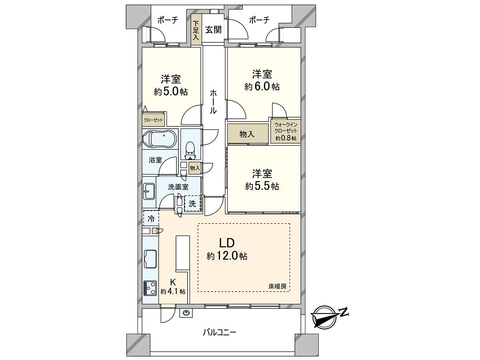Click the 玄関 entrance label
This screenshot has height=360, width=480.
click(x=213, y=30)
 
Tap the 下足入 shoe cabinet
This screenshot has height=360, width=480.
click(x=196, y=30)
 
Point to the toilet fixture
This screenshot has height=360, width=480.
click(x=190, y=151)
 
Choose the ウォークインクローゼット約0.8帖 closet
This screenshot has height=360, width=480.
click(x=286, y=131)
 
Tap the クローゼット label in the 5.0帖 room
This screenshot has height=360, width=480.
click(x=153, y=120)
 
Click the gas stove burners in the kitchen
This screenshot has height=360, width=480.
click(x=150, y=288)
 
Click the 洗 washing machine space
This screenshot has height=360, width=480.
click(x=192, y=204)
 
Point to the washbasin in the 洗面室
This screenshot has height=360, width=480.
click(x=149, y=191)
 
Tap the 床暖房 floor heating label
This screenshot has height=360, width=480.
click(x=278, y=286)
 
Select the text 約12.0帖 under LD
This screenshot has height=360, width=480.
click(x=227, y=256)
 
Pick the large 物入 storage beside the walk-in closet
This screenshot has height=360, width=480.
click(x=248, y=134)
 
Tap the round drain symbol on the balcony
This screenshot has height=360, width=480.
click(x=186, y=313)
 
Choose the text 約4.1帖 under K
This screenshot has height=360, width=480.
click(x=173, y=291)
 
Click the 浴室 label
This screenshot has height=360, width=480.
click(x=155, y=160)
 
